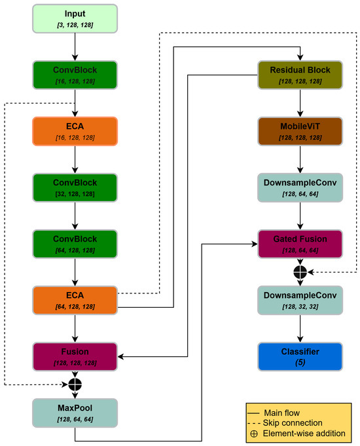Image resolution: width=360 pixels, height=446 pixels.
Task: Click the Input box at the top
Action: [75, 19]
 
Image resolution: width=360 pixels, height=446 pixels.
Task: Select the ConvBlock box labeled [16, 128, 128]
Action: [75, 75]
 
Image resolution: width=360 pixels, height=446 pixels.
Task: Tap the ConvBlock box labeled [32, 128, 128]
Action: [75, 188]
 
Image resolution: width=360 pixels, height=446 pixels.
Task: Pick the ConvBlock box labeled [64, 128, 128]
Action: [75, 244]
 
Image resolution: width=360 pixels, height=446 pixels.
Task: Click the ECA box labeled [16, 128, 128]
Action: [75, 132]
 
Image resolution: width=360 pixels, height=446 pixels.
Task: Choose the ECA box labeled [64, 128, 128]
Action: [75, 301]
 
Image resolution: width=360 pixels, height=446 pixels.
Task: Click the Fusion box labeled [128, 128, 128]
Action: [75, 357]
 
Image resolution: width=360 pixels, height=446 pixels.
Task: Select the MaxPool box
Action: [75, 413]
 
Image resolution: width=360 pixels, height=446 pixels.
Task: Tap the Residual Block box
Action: [300, 75]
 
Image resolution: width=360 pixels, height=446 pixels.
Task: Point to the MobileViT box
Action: [300, 132]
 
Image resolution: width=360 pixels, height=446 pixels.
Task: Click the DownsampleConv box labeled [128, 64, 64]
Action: [300, 188]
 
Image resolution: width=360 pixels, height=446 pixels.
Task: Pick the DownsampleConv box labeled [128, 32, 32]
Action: [300, 301]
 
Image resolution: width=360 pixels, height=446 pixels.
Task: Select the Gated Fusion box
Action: [300, 244]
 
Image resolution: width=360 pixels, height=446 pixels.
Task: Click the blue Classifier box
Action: [300, 357]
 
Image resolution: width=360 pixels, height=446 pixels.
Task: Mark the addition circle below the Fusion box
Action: [75, 385]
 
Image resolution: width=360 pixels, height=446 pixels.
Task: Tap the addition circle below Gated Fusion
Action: [300, 272]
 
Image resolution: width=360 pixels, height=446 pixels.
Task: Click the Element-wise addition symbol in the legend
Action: [254, 434]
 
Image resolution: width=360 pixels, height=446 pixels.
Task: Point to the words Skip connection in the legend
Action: [293, 423]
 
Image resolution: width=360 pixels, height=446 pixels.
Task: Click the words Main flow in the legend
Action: [282, 413]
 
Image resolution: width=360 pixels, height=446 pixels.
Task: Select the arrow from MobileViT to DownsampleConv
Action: [300, 159]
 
